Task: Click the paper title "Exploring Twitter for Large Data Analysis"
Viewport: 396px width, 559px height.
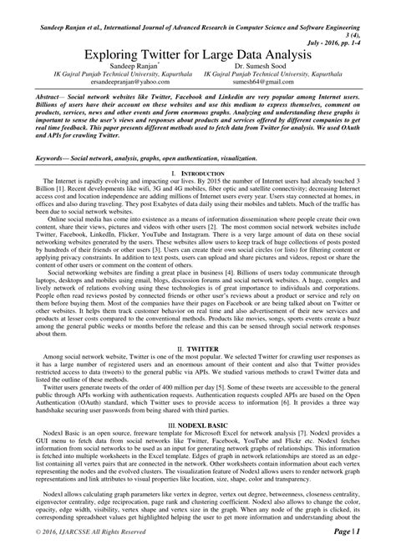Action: point(198,52)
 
